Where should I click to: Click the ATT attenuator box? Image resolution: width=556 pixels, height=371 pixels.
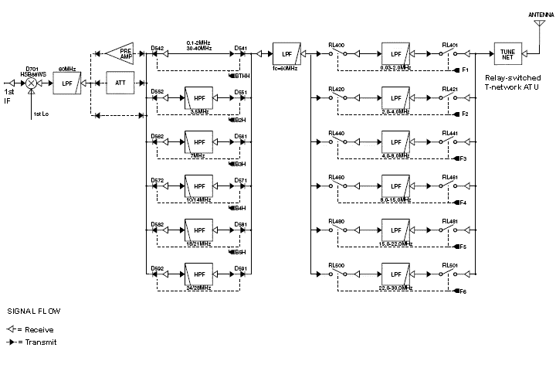120,81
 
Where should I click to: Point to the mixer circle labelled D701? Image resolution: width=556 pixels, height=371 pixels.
32,81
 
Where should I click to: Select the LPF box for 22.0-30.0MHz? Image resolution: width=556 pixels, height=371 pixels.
395,274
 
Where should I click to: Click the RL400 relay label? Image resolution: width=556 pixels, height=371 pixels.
336,46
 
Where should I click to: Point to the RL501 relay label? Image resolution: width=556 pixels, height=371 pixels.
449,266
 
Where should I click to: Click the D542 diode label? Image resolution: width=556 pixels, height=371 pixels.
158,48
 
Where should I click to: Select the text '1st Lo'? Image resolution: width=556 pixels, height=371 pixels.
42,114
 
